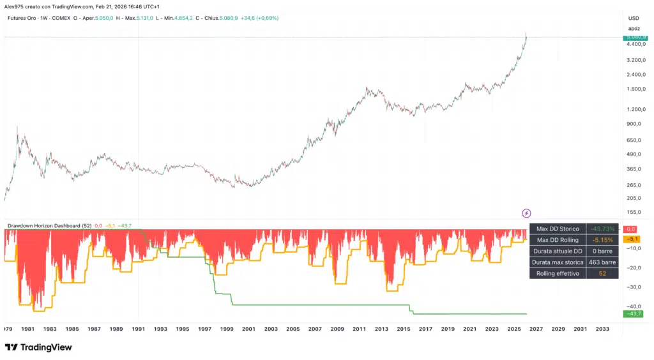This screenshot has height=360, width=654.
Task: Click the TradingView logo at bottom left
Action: [38, 347]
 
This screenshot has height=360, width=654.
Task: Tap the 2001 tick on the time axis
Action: [249, 329]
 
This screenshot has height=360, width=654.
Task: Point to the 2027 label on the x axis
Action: [536, 329]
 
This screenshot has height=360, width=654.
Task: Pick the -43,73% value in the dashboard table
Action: [602, 229]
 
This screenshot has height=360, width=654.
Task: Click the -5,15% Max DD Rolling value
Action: [602, 240]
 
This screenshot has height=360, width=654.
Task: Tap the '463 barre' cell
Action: [602, 262]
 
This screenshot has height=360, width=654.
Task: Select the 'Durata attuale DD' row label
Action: [558, 251]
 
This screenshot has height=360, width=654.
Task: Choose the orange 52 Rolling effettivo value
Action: [602, 274]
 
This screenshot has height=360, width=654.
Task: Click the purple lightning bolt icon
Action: [526, 213]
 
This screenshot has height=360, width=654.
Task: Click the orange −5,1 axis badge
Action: [634, 239]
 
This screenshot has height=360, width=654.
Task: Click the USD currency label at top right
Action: [634, 18]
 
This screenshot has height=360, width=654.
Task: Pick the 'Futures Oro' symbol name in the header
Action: [21, 18]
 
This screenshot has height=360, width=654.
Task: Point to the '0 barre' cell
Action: [602, 251]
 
